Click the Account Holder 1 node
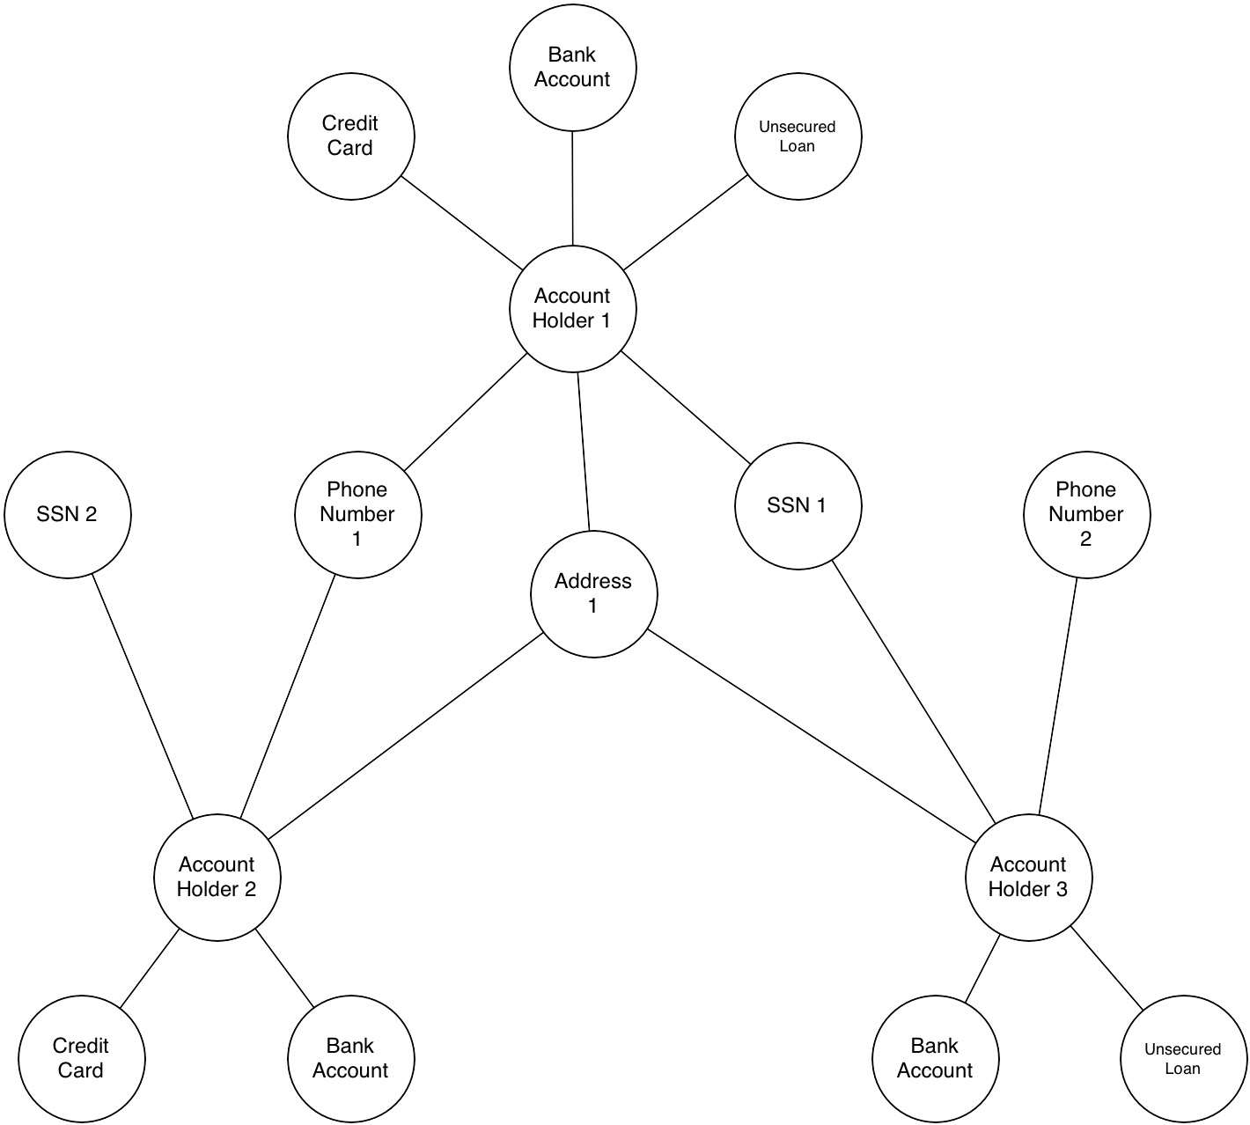click(x=572, y=308)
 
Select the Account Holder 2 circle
click(x=217, y=877)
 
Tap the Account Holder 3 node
click(x=1028, y=877)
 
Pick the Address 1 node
click(x=593, y=593)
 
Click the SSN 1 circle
click(x=798, y=505)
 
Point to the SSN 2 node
click(x=68, y=514)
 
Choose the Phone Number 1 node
click(x=357, y=514)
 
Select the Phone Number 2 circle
click(x=1086, y=514)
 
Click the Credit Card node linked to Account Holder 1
click(x=350, y=136)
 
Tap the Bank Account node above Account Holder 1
click(x=572, y=67)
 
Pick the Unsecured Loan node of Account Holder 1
click(x=798, y=136)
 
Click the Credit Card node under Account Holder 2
click(x=81, y=1058)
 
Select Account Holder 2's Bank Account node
click(x=350, y=1058)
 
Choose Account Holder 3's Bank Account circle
click(x=935, y=1058)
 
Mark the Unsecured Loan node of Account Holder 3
click(x=1183, y=1058)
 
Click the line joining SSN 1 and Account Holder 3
click(x=914, y=692)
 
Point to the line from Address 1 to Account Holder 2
click(x=405, y=736)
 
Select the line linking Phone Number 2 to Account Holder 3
click(x=1058, y=695)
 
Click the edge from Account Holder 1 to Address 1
click(x=584, y=452)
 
